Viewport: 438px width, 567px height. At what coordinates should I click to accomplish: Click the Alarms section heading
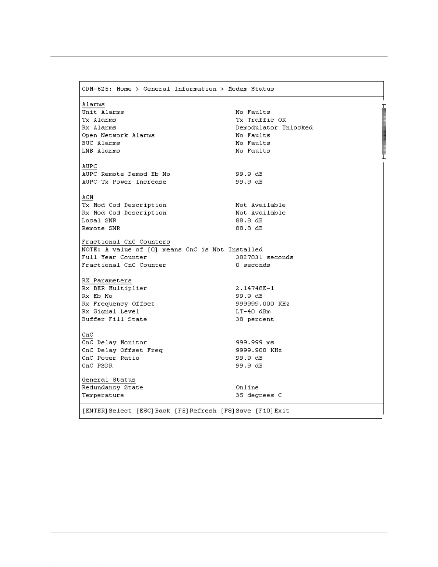click(x=93, y=105)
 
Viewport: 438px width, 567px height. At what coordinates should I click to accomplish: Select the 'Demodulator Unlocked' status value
click(x=274, y=128)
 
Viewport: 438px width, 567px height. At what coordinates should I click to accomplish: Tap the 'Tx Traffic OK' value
click(x=261, y=120)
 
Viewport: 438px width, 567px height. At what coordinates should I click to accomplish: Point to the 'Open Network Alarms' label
click(x=118, y=135)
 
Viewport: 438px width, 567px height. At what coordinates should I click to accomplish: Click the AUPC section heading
click(x=89, y=166)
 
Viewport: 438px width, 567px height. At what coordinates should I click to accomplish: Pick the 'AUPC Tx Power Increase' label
click(x=124, y=182)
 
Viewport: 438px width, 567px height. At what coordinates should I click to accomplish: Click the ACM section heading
click(x=88, y=197)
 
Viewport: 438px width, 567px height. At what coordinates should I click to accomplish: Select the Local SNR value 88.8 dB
click(x=249, y=220)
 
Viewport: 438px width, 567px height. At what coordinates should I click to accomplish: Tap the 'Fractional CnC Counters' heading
click(x=126, y=242)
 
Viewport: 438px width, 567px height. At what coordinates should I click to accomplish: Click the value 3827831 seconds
click(x=264, y=257)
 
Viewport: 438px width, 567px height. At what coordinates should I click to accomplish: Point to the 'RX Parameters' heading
click(x=107, y=281)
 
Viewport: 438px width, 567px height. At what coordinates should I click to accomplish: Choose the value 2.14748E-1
click(x=255, y=289)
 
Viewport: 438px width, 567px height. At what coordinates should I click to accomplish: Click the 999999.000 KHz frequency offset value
click(x=262, y=304)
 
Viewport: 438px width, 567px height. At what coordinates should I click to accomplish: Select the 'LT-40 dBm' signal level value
click(x=253, y=312)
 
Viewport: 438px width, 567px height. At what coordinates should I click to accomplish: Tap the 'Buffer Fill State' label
click(x=114, y=319)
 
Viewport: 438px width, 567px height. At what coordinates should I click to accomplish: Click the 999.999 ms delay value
click(x=255, y=343)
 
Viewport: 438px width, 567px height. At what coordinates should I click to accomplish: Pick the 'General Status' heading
click(x=108, y=380)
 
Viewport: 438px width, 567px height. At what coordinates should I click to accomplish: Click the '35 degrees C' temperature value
click(x=258, y=396)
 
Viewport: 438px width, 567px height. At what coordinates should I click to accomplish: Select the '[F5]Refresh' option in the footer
click(x=195, y=411)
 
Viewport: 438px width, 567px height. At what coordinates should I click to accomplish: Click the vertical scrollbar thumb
click(x=384, y=131)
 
